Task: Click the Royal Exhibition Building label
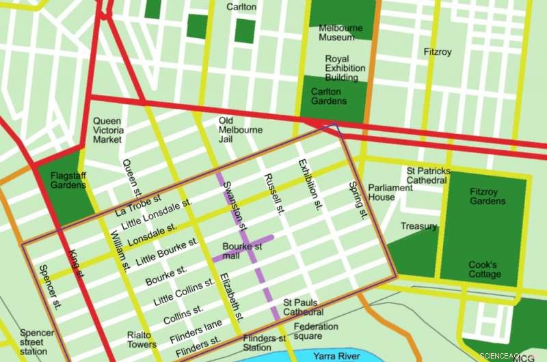(345, 68)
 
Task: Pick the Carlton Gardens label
(328, 96)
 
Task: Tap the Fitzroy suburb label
(438, 52)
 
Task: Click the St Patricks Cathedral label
(428, 176)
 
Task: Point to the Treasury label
(418, 226)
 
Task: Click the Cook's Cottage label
(484, 270)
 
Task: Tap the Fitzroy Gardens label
(488, 197)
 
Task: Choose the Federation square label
(316, 331)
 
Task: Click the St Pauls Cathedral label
(304, 307)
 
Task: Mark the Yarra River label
(336, 356)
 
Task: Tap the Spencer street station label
(37, 342)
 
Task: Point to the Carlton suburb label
(241, 7)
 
